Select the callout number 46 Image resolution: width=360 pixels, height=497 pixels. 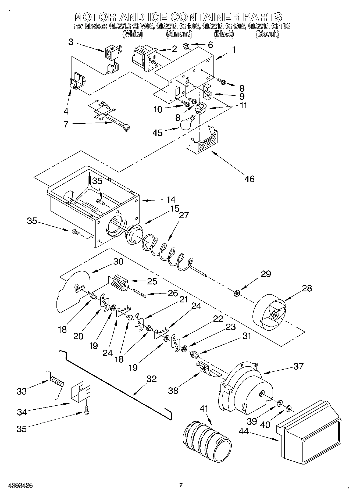pos(249,179)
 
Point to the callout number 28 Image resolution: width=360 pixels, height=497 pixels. pos(307,288)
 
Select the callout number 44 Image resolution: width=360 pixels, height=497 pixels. pos(244,431)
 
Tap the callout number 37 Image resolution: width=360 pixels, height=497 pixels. pos(298,366)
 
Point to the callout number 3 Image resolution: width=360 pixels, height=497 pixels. pos(71,42)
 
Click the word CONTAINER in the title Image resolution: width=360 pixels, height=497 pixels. pos(205,17)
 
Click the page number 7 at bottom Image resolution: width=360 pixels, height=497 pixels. pos(181,485)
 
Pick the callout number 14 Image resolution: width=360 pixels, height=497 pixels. pos(171,200)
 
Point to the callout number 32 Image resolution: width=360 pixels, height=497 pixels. pos(151,379)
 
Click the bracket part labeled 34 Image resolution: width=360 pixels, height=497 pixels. pos(80,394)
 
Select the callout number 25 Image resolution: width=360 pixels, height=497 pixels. pos(152,281)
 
